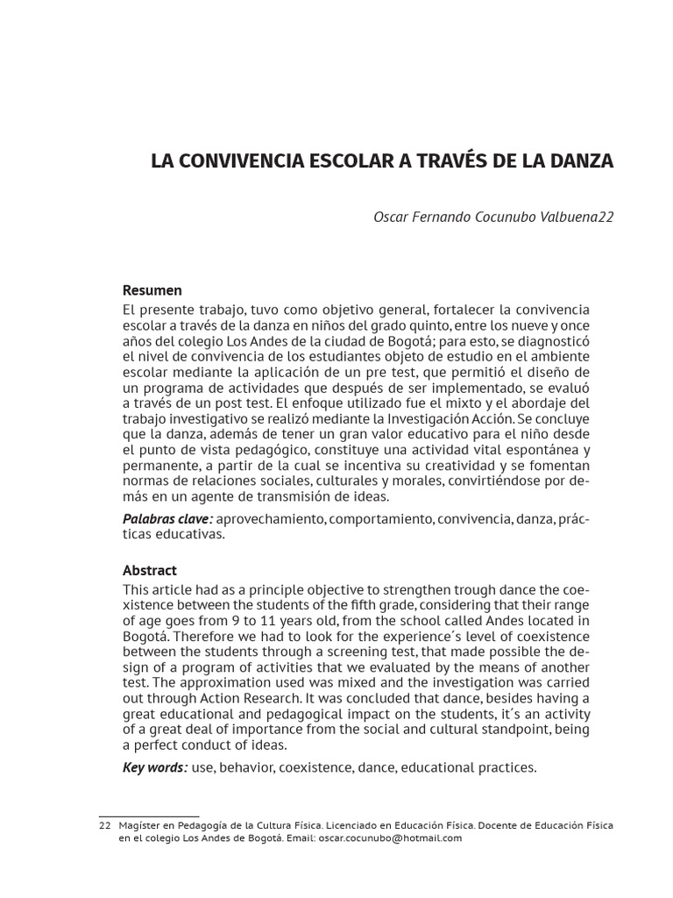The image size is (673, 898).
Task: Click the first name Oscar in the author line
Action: pyautogui.click(x=393, y=217)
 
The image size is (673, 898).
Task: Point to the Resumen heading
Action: pyautogui.click(x=152, y=290)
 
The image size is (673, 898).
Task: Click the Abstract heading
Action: pyautogui.click(x=150, y=570)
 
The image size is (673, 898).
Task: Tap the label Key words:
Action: pyautogui.click(x=155, y=768)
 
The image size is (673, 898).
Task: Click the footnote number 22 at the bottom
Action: pyautogui.click(x=104, y=826)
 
